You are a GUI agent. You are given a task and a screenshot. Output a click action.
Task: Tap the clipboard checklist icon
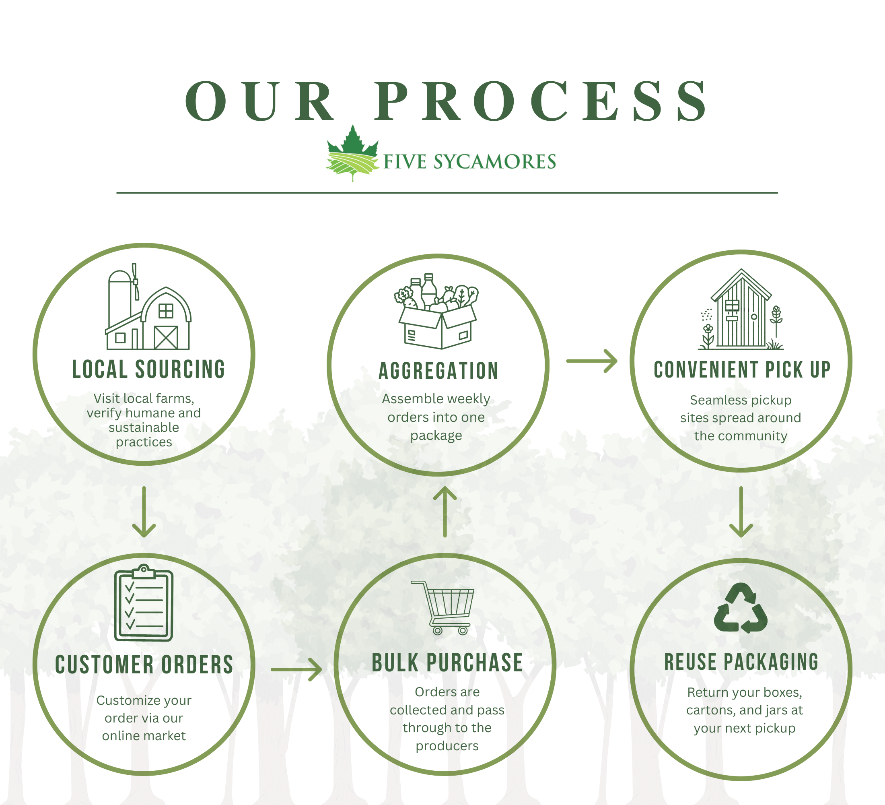click(x=144, y=603)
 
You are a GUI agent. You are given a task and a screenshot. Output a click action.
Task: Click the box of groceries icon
click(x=437, y=312)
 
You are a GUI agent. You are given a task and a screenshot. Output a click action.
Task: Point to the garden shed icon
click(x=741, y=310)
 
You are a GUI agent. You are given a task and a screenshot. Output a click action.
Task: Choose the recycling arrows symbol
click(x=741, y=608)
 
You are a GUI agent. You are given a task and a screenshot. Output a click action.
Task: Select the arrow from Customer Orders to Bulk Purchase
click(x=297, y=669)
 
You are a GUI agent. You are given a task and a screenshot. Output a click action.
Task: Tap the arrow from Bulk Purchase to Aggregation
click(x=445, y=512)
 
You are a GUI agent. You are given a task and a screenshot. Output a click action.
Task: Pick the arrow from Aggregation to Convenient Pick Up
click(x=592, y=361)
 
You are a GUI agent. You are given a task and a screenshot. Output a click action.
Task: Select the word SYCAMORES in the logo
click(x=495, y=162)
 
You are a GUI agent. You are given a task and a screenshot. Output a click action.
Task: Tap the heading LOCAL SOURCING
click(x=148, y=369)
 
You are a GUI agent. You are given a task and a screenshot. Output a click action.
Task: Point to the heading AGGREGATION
click(x=438, y=371)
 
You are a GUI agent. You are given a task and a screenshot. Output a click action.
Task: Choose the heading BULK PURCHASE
click(x=447, y=663)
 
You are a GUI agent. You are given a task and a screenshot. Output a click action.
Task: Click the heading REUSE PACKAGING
click(x=741, y=662)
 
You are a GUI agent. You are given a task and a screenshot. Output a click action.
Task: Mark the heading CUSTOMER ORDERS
click(x=144, y=665)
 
